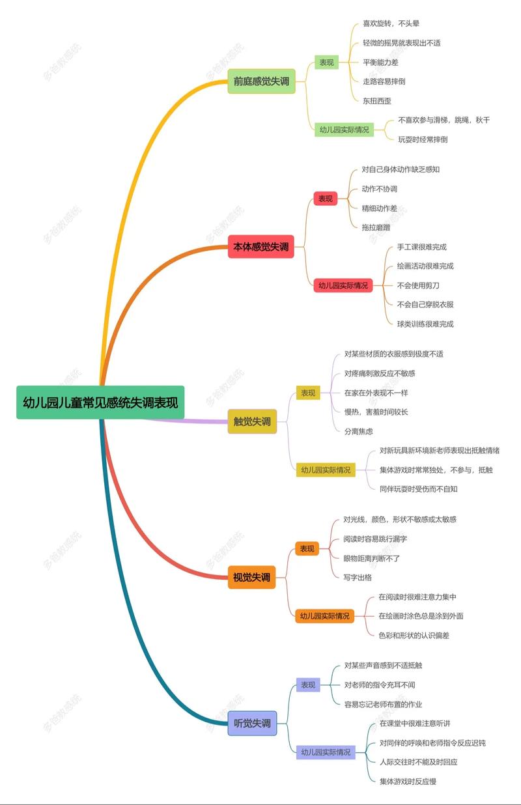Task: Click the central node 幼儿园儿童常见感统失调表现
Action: click(x=100, y=402)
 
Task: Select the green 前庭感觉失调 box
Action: click(x=261, y=81)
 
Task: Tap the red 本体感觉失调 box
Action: click(x=261, y=247)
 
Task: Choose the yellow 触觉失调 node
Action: click(x=252, y=421)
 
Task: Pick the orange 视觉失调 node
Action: click(x=251, y=577)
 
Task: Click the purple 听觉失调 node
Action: click(x=252, y=723)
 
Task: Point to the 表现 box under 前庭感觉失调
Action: click(x=326, y=63)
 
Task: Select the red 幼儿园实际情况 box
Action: click(x=343, y=285)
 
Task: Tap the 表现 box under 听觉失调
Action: click(x=308, y=685)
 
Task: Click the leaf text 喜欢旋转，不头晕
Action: click(x=391, y=23)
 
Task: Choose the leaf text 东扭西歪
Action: click(x=377, y=101)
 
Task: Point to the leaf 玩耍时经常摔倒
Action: click(x=423, y=139)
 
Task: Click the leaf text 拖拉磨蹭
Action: click(x=376, y=227)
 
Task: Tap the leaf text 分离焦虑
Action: click(x=359, y=431)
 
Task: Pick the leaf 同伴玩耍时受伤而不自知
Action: click(x=418, y=488)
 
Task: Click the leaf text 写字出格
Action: click(x=358, y=577)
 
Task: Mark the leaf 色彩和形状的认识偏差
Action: click(x=414, y=635)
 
